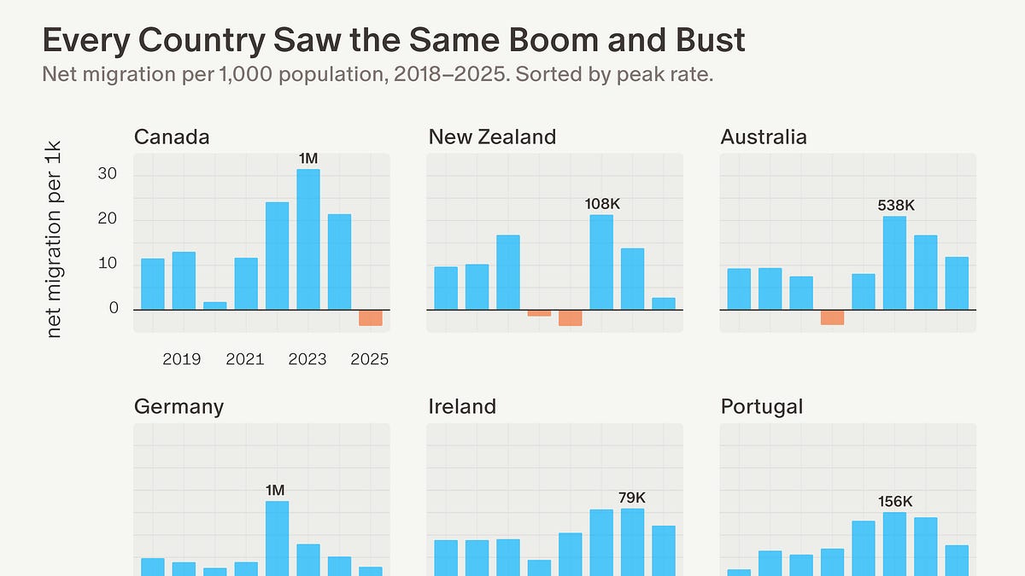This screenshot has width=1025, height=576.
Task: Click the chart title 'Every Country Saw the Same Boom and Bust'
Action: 394,40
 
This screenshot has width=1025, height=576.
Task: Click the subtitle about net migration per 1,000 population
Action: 377,74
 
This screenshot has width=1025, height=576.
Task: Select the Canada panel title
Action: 172,137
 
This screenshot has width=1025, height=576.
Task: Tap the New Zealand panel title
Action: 492,137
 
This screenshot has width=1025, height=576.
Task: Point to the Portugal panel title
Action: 762,406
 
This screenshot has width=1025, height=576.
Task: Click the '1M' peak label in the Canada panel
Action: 308,158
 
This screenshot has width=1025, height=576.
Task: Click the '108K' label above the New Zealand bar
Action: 601,204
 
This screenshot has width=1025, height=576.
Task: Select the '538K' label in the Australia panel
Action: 894,206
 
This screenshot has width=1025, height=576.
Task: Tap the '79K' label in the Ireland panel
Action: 632,497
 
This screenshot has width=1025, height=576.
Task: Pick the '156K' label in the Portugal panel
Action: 894,501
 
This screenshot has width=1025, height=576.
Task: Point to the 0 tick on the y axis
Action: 114,308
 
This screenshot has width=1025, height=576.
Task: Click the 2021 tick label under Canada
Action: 245,359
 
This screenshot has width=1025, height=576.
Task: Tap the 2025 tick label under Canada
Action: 370,359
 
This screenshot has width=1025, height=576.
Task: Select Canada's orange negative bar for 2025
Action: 371,317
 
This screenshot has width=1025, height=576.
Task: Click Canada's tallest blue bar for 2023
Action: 308,239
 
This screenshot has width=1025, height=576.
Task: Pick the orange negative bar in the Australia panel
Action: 832,317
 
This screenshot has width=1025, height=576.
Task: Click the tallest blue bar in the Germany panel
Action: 277,538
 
